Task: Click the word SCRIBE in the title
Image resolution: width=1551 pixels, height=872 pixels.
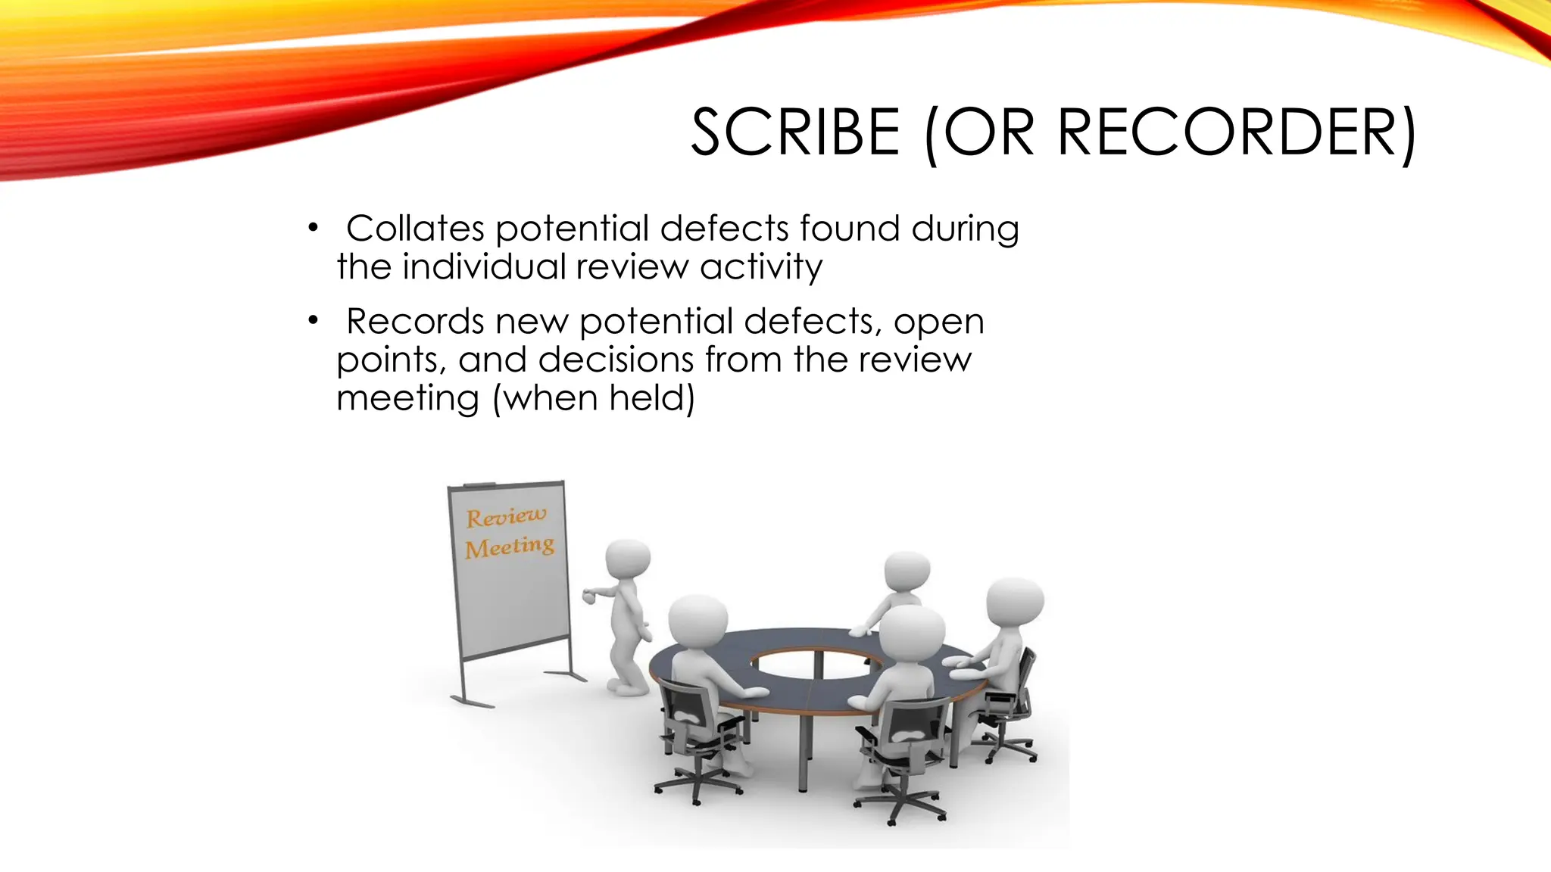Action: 795,133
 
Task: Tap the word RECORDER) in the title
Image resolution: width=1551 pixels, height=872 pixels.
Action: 1236,133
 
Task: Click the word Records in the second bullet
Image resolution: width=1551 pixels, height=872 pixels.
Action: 415,322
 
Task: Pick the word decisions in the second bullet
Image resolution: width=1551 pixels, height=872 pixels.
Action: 616,360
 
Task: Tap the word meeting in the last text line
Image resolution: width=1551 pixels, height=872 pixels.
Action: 407,399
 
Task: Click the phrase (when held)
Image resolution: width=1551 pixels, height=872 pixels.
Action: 593,399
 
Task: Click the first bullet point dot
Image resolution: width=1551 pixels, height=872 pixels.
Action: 312,229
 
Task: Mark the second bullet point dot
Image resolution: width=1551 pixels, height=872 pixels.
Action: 312,322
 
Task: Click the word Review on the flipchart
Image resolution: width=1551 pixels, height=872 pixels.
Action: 505,517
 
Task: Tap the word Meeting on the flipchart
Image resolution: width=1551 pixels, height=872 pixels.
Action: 509,547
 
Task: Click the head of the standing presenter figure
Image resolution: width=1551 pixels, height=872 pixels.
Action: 628,562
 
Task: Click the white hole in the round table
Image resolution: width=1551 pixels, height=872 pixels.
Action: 819,665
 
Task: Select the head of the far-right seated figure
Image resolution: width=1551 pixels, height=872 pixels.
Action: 1015,602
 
